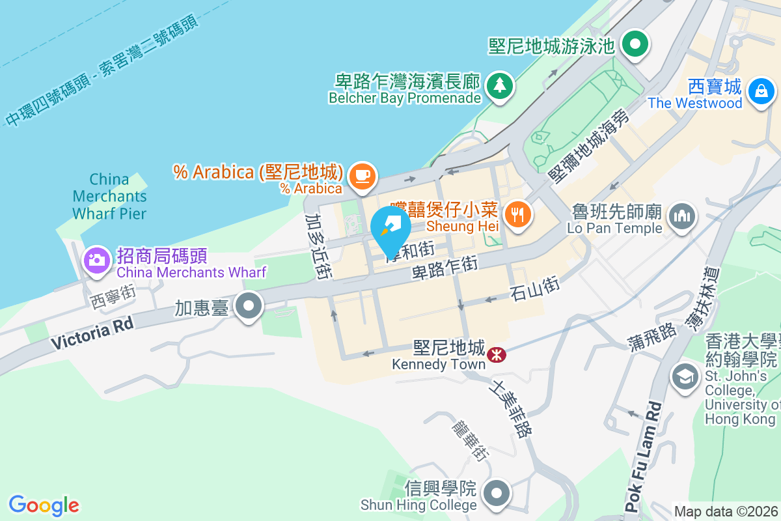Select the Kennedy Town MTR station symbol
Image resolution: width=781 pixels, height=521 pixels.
click(497, 354)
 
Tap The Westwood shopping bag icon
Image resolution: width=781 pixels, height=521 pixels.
click(760, 91)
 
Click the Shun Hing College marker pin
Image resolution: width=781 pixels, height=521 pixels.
click(497, 493)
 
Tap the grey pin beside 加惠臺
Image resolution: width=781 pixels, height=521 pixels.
click(248, 306)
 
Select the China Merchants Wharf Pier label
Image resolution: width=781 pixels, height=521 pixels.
click(109, 196)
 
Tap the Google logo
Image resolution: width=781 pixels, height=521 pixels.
click(44, 505)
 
